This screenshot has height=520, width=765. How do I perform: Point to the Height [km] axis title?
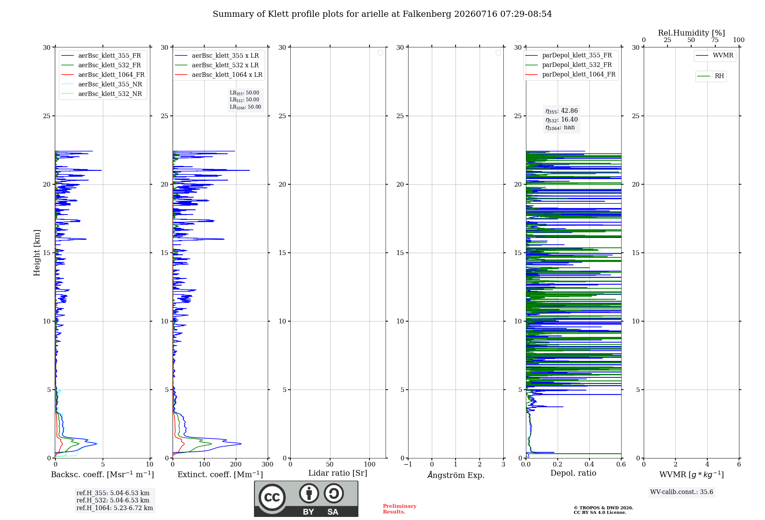(x=37, y=253)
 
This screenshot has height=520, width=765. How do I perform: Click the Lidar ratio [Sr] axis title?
(x=338, y=473)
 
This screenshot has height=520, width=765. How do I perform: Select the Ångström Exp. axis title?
(x=456, y=475)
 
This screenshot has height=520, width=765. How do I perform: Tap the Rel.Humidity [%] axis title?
(x=691, y=33)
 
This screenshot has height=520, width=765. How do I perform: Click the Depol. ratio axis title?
(x=573, y=473)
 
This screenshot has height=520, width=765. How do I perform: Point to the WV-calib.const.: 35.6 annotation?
(x=682, y=492)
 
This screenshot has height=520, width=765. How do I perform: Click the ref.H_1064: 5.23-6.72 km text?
(x=115, y=508)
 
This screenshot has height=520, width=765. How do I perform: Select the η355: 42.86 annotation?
(x=562, y=111)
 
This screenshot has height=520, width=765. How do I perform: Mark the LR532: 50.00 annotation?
(x=244, y=100)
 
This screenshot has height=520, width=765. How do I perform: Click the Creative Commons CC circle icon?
(x=272, y=497)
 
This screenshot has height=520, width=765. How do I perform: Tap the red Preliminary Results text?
(x=400, y=509)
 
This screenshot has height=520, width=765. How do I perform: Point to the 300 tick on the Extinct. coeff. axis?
(x=268, y=465)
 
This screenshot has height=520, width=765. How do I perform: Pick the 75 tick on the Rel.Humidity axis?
(x=715, y=40)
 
